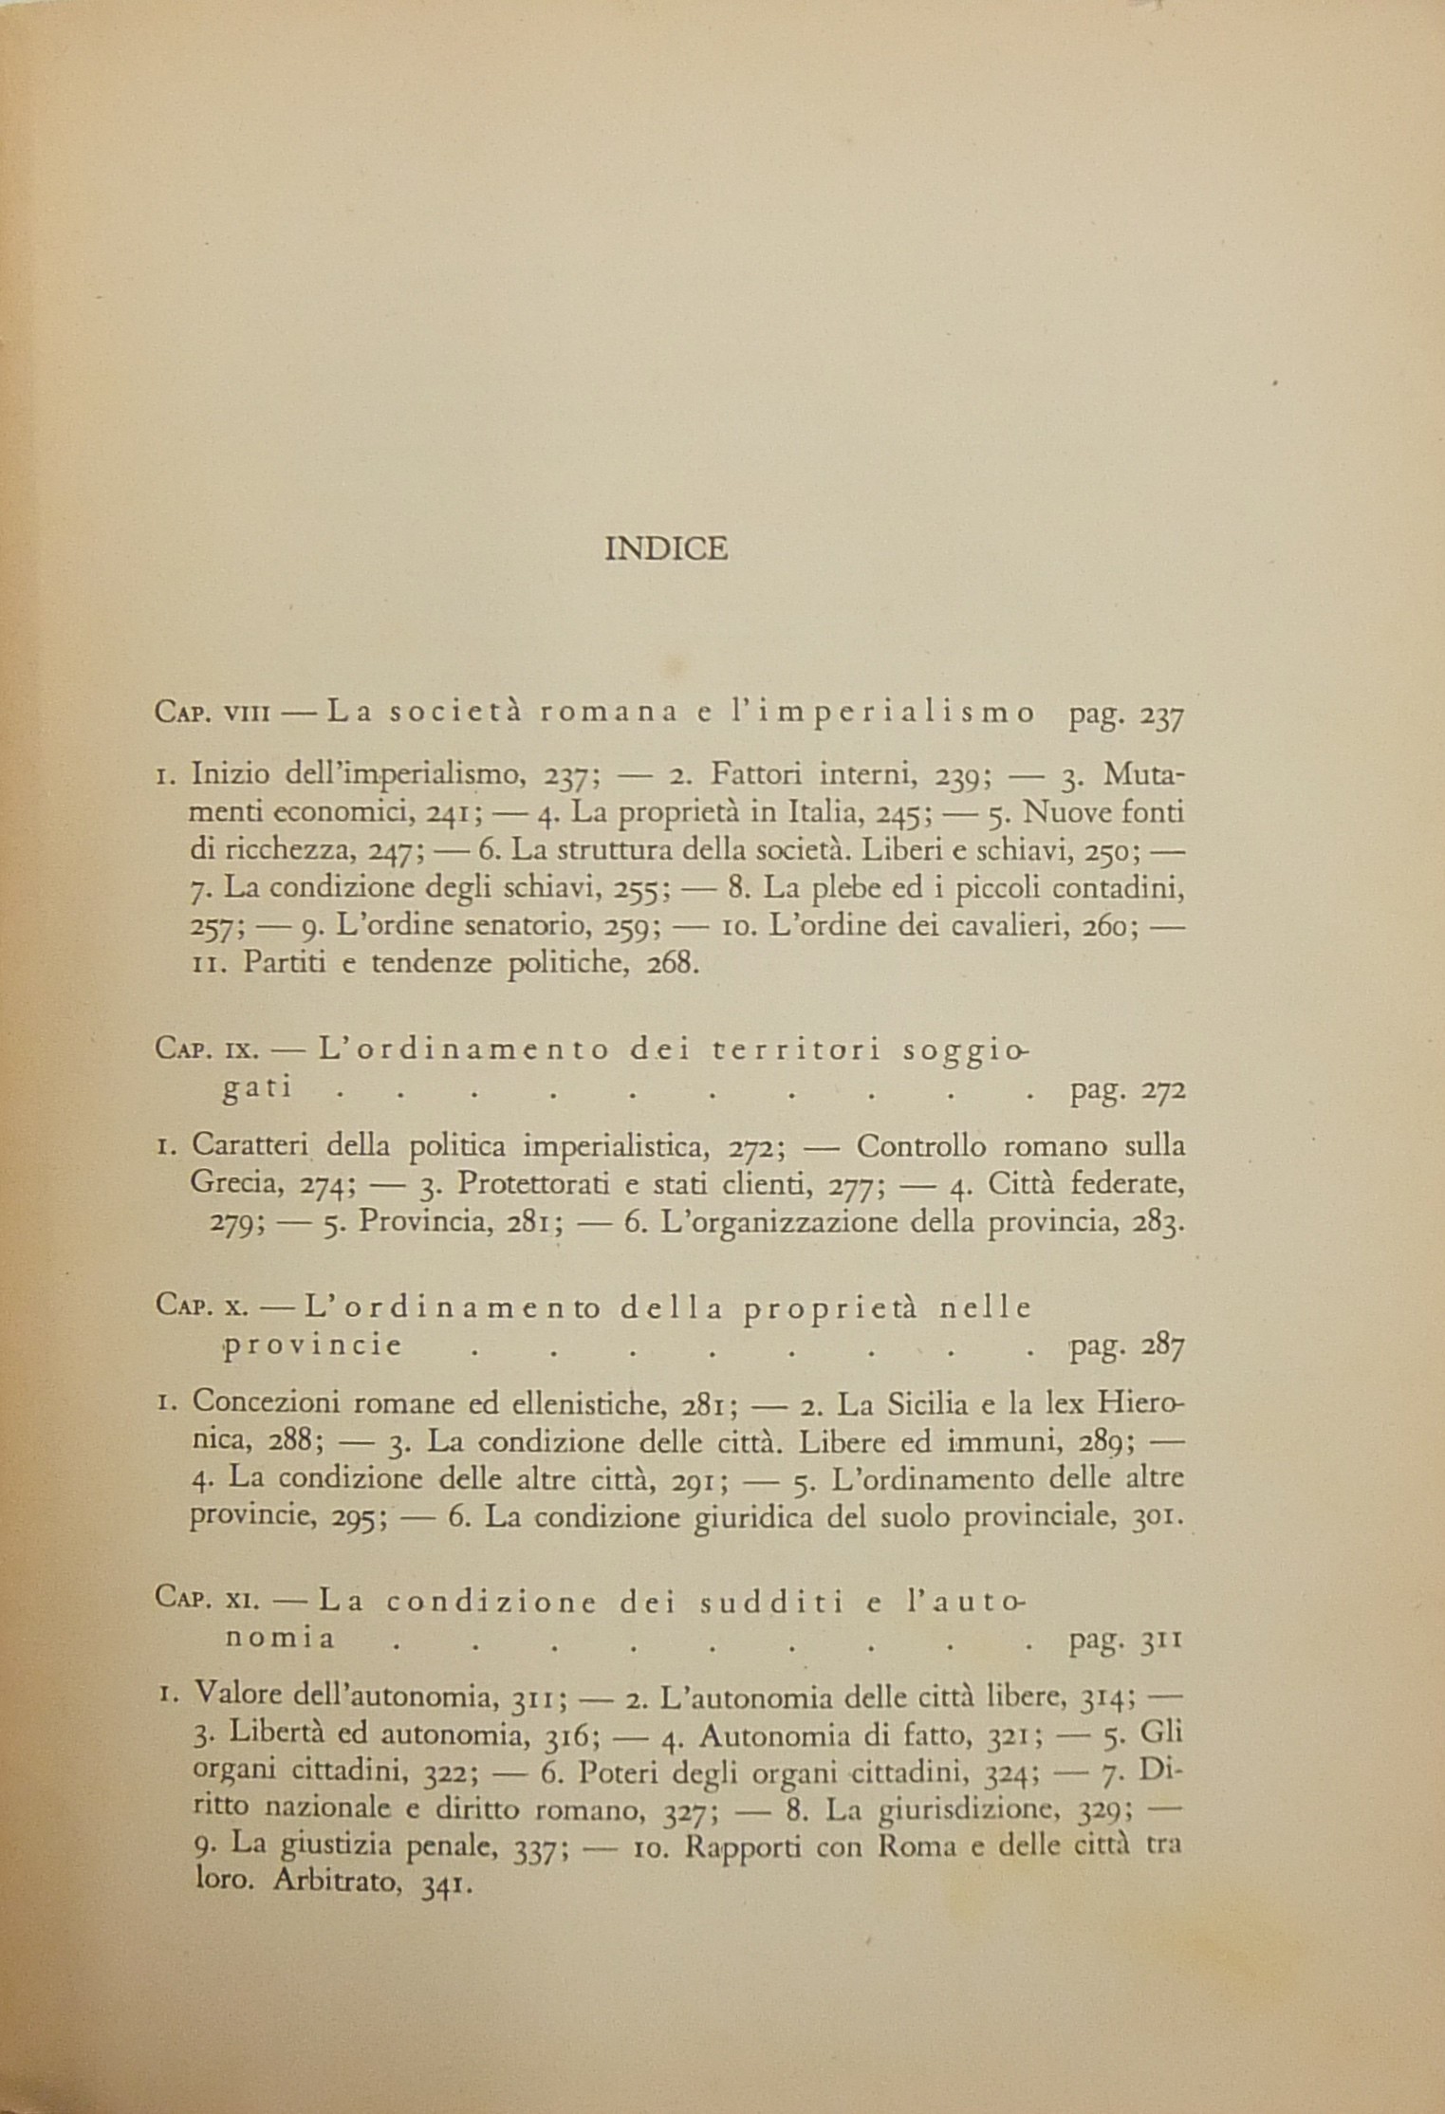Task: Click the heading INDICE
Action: tap(666, 549)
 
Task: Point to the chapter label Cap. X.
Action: tap(200, 1308)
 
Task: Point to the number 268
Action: tap(671, 966)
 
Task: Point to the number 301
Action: tap(1157, 1519)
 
